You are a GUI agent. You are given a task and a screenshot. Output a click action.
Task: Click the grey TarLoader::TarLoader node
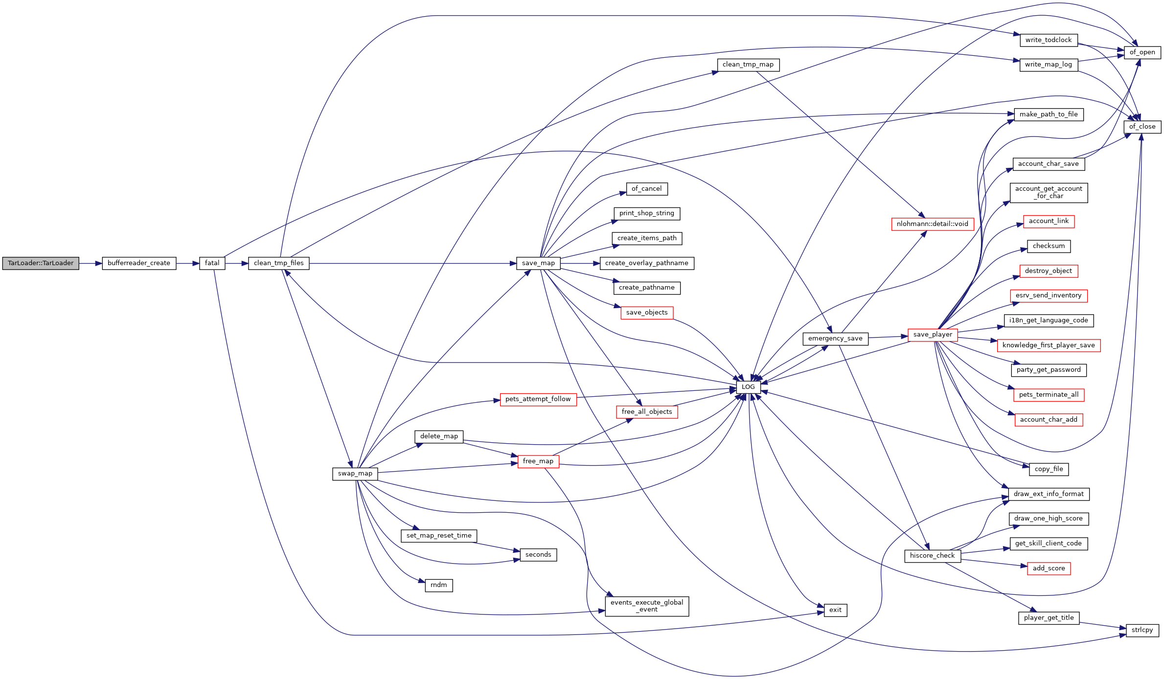click(41, 263)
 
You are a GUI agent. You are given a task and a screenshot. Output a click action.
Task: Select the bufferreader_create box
click(139, 263)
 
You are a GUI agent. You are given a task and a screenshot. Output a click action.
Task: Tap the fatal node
click(212, 263)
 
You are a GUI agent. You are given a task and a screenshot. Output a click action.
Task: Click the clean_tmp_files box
click(278, 263)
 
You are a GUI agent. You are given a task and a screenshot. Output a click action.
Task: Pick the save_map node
click(538, 263)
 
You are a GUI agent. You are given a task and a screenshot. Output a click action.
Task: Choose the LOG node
click(748, 387)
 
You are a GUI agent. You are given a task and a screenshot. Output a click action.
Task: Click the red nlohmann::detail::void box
click(932, 224)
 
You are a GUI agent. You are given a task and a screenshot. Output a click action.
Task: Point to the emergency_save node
click(835, 339)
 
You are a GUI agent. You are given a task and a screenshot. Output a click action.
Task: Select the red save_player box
click(933, 335)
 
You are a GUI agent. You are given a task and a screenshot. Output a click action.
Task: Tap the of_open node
click(1142, 52)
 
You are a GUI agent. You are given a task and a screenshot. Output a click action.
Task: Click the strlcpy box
click(1142, 630)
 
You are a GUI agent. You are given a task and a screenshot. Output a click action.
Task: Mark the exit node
click(835, 610)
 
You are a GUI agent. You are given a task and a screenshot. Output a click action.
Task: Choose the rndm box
click(439, 585)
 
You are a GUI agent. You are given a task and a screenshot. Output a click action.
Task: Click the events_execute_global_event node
click(647, 606)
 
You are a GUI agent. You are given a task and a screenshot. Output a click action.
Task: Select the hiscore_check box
click(932, 556)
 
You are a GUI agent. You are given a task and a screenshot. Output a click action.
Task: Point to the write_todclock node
click(1049, 40)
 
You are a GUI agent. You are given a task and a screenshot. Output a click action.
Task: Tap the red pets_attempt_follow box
click(538, 399)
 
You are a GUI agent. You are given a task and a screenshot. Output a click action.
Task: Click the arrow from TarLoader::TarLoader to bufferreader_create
click(91, 263)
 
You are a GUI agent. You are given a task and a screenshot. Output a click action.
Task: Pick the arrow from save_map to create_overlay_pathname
click(580, 263)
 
